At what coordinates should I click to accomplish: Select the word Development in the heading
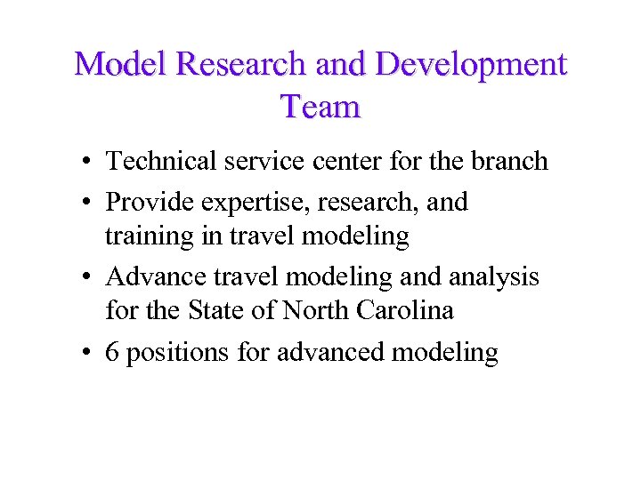(471, 64)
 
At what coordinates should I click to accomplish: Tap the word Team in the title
(320, 107)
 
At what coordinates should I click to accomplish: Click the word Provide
(150, 203)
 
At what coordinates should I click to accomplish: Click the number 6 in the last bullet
(113, 353)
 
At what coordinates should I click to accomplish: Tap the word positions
(178, 354)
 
